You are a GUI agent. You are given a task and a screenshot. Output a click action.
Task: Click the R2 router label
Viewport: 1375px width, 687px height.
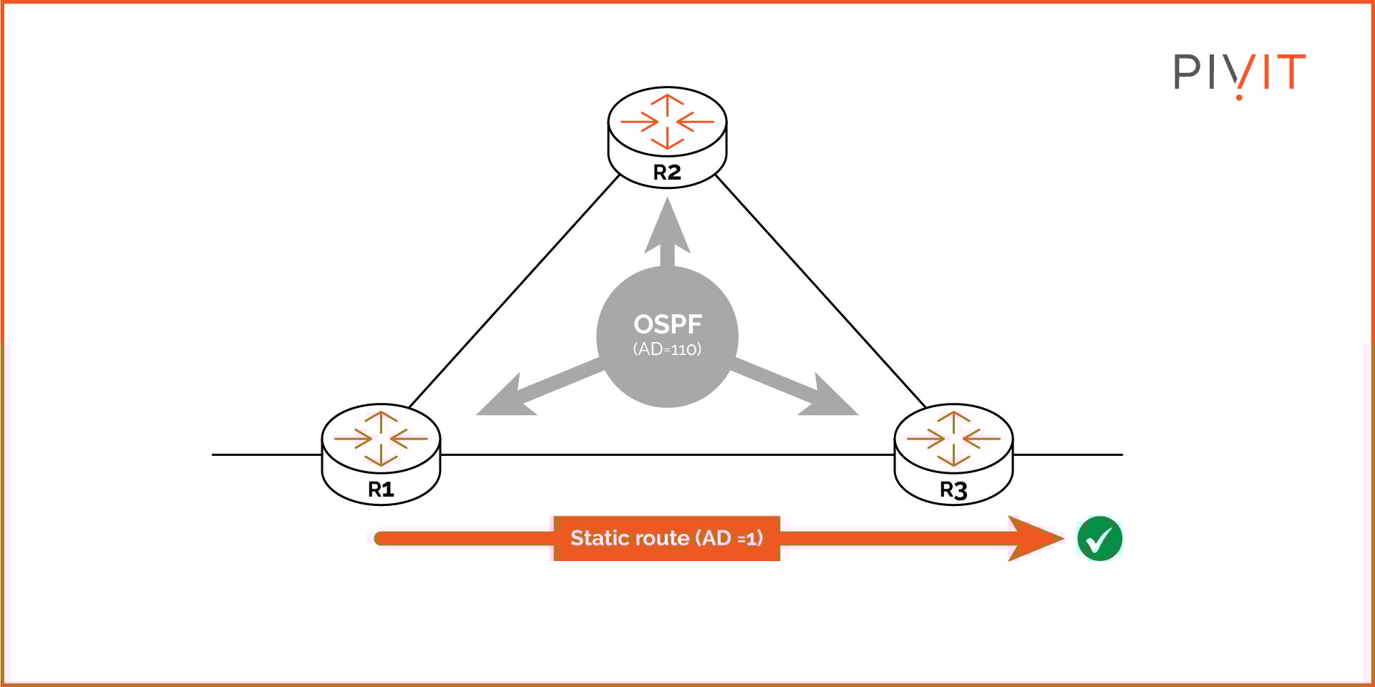666,172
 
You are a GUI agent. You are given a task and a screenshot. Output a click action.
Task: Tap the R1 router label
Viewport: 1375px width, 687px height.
380,489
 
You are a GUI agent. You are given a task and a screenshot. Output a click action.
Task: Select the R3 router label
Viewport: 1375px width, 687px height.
953,490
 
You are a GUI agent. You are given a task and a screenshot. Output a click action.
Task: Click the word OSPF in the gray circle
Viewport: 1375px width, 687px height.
667,324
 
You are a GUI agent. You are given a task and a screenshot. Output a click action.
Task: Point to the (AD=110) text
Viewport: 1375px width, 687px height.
667,349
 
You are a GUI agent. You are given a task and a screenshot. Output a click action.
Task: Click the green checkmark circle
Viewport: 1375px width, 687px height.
1099,538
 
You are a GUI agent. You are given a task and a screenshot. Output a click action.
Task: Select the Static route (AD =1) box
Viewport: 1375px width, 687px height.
666,538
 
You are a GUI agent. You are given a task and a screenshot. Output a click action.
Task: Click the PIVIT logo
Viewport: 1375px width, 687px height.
1239,73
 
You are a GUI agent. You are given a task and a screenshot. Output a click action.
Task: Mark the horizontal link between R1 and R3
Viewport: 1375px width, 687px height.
666,454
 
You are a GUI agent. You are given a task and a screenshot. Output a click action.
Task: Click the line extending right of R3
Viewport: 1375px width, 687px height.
1068,454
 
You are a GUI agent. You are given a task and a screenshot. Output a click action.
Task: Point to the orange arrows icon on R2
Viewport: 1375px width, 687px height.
667,122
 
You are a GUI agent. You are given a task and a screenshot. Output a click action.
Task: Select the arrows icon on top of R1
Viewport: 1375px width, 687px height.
381,438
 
